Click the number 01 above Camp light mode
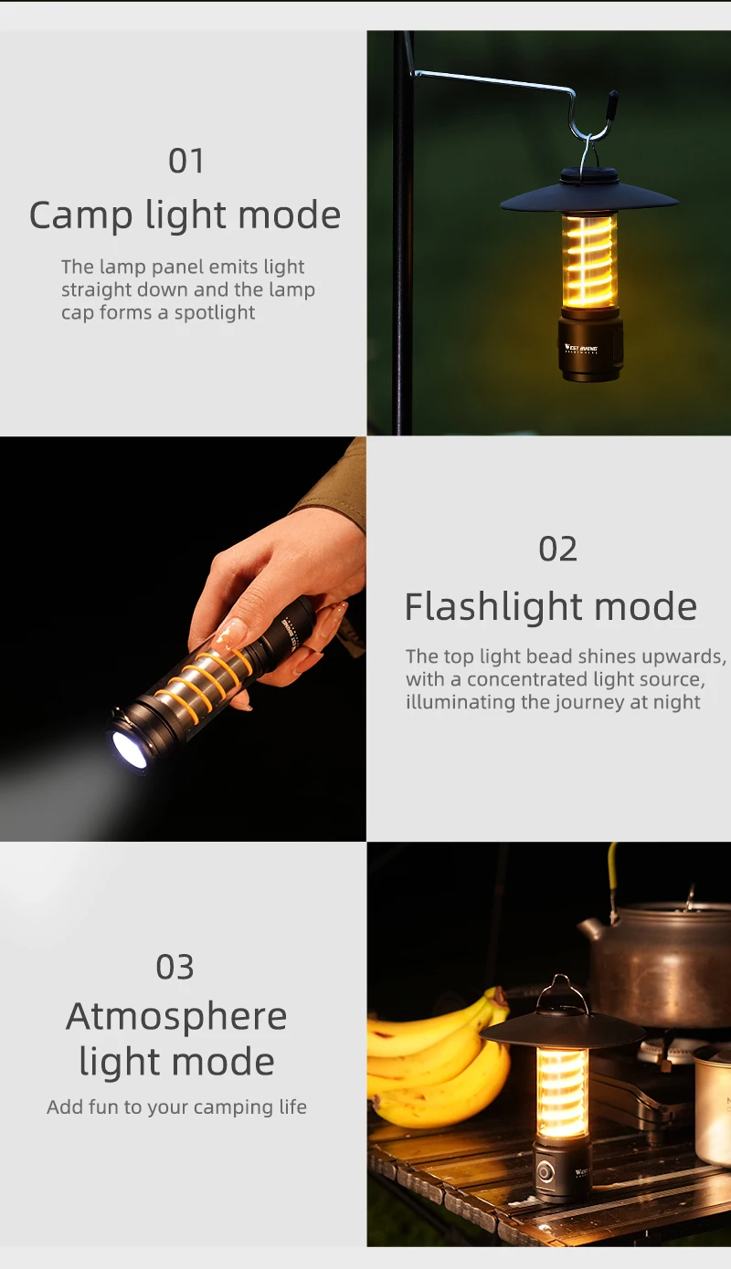186,162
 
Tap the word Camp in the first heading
81,216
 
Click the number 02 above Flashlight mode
558,550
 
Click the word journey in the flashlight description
581,702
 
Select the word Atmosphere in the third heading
176,1016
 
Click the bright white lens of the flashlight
129,750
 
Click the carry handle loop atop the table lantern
561,992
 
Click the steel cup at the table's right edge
714,1105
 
